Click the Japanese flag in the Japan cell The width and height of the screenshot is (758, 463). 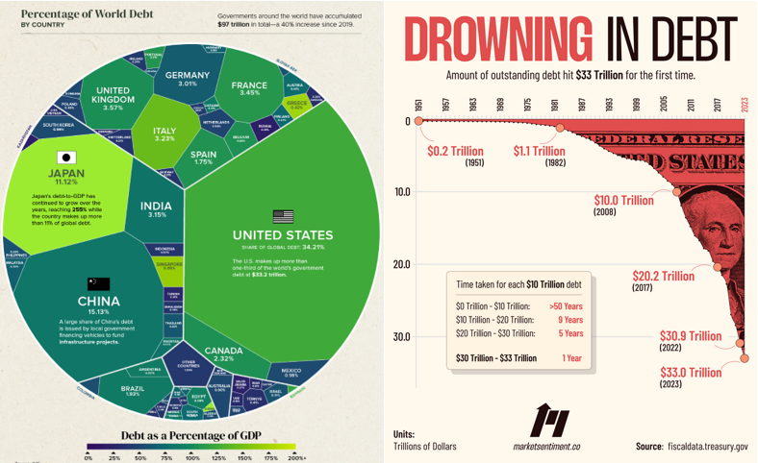coord(65,158)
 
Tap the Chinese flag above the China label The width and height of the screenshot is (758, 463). coord(99,284)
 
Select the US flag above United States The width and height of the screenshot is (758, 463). coord(283,216)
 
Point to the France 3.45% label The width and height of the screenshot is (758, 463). coord(249,90)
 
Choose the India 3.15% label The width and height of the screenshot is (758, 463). coord(156,208)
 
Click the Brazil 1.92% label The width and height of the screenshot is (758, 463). coord(133,392)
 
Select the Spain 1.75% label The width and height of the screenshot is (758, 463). coord(203,158)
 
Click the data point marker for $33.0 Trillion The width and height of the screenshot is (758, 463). coord(745,359)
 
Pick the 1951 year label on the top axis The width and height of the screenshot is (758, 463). coord(419,105)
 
